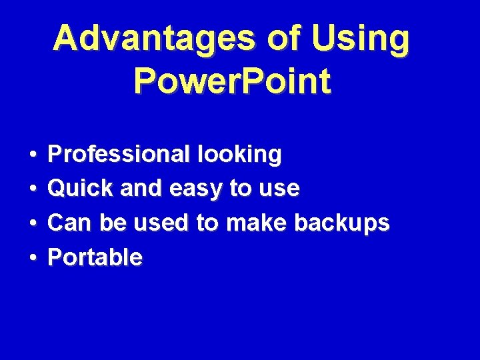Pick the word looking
tap(239, 155)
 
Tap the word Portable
tap(95, 257)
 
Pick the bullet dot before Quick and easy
tap(33, 189)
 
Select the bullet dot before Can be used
tap(33, 223)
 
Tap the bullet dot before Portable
tap(33, 257)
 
